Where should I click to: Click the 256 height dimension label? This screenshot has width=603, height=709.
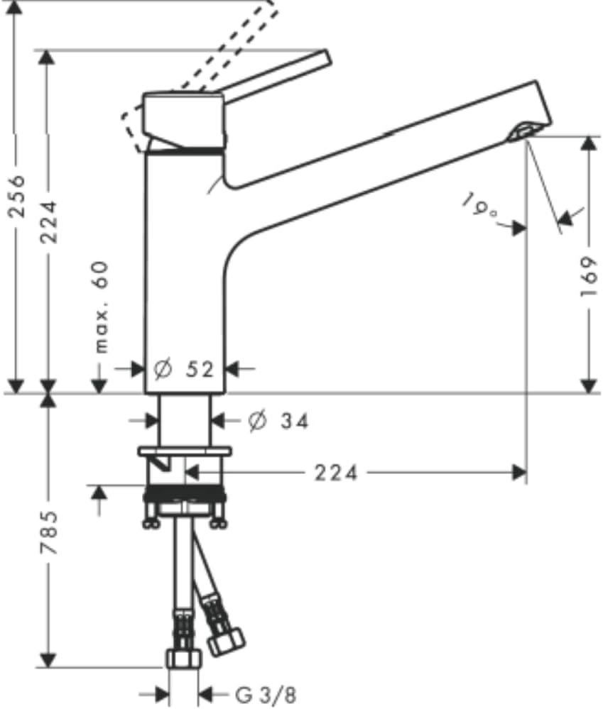tap(18, 196)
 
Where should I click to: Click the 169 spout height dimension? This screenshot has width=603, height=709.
tap(590, 276)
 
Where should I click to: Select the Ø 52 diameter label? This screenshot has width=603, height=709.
tap(183, 370)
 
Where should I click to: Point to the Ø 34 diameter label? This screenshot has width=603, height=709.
tap(278, 422)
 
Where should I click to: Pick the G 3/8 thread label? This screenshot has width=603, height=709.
tap(266, 695)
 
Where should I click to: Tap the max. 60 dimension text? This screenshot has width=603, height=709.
tap(102, 307)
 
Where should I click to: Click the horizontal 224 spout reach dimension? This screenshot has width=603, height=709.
tap(336, 473)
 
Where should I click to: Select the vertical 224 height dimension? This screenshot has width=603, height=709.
tap(49, 222)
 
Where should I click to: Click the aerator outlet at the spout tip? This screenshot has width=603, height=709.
tap(523, 131)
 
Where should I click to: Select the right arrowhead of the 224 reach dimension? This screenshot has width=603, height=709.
tap(519, 473)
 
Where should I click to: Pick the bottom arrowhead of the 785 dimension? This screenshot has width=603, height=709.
tap(48, 660)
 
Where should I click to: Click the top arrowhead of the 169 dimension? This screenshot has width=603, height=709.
tap(589, 144)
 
